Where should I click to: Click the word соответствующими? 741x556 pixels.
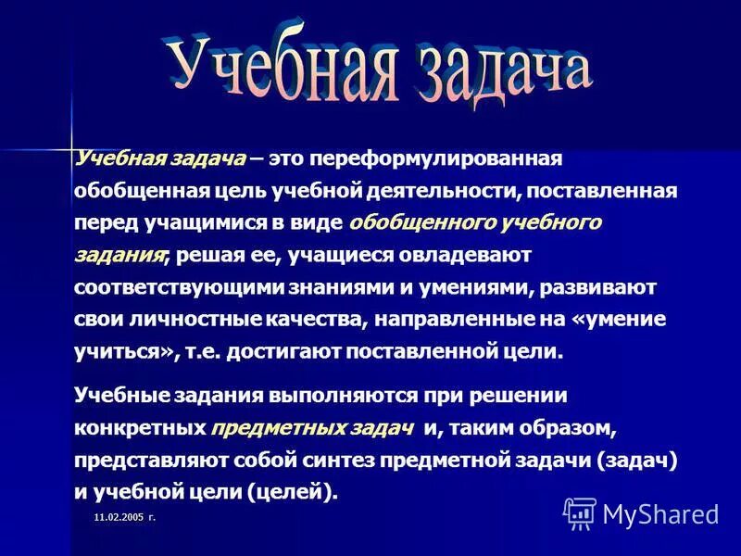click(x=175, y=287)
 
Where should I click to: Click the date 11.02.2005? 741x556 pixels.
click(x=118, y=517)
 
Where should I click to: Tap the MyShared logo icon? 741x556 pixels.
click(x=580, y=512)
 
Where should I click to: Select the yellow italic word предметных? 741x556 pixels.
click(x=264, y=428)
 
